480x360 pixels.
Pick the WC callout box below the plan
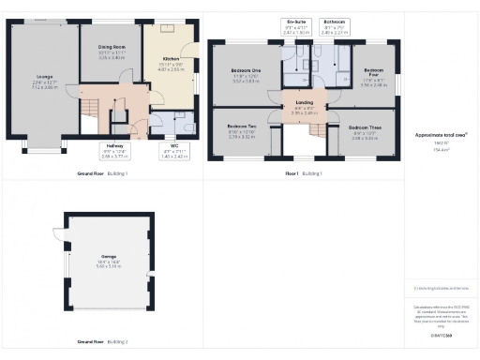pos(174,150)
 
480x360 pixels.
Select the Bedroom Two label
pos(242,129)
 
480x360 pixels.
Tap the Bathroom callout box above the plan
pos(335,25)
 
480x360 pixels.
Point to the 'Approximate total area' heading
pos(441,135)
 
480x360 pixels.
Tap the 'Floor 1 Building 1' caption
pos(304,173)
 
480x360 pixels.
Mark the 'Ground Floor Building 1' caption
pos(102,173)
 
